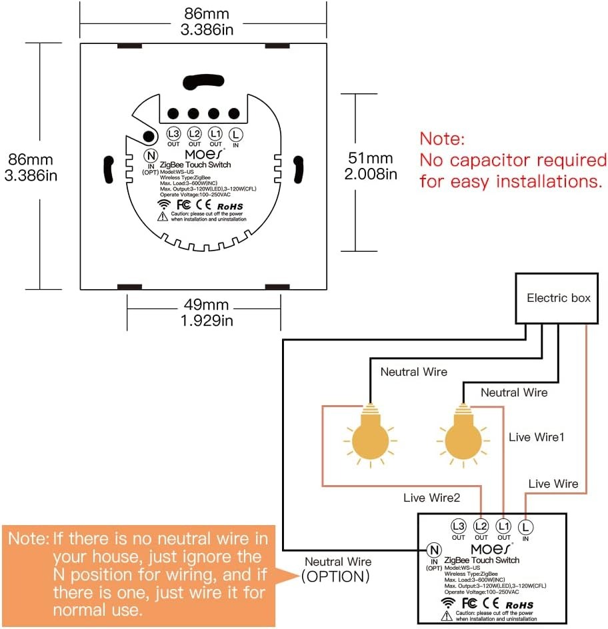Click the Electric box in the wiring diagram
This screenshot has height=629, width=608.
(x=559, y=298)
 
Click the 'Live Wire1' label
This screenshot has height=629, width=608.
(x=537, y=437)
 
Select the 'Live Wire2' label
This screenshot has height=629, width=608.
(x=431, y=497)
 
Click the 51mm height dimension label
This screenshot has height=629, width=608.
(x=371, y=159)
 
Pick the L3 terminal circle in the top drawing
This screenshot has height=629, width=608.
(x=173, y=133)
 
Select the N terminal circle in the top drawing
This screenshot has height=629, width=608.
(x=149, y=155)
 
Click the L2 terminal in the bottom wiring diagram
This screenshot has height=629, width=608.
(x=481, y=525)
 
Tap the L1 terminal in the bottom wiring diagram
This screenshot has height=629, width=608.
(x=503, y=525)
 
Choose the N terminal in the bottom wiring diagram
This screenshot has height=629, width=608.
(x=434, y=550)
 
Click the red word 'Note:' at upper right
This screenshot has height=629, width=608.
(x=442, y=139)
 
